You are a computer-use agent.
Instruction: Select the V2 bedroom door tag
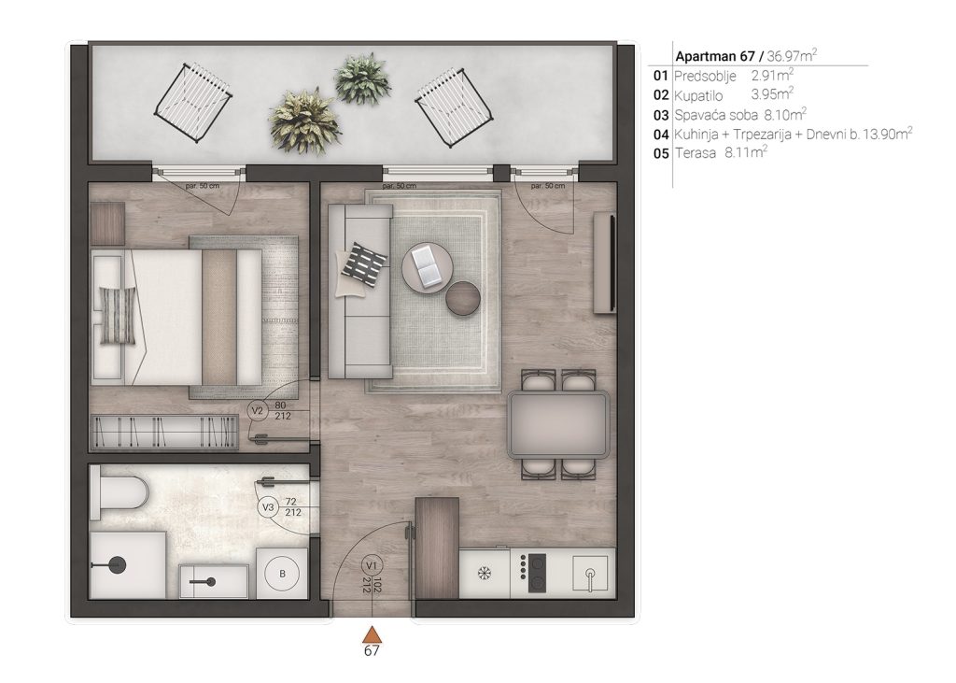click(258, 411)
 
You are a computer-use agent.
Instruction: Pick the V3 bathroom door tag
click(268, 507)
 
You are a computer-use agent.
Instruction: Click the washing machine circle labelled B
click(282, 574)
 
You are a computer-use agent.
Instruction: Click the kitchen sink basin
click(590, 573)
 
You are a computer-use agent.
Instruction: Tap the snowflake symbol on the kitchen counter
click(485, 573)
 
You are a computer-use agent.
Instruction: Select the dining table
click(558, 425)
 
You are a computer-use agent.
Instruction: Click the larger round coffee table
click(428, 267)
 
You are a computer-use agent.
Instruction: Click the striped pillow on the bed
click(118, 315)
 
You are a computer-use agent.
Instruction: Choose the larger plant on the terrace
click(303, 121)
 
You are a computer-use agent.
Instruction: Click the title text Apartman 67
click(715, 56)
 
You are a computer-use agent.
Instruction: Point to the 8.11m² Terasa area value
click(746, 152)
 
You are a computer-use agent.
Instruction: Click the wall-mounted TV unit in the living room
click(605, 263)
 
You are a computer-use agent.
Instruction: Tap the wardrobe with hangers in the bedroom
click(163, 432)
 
